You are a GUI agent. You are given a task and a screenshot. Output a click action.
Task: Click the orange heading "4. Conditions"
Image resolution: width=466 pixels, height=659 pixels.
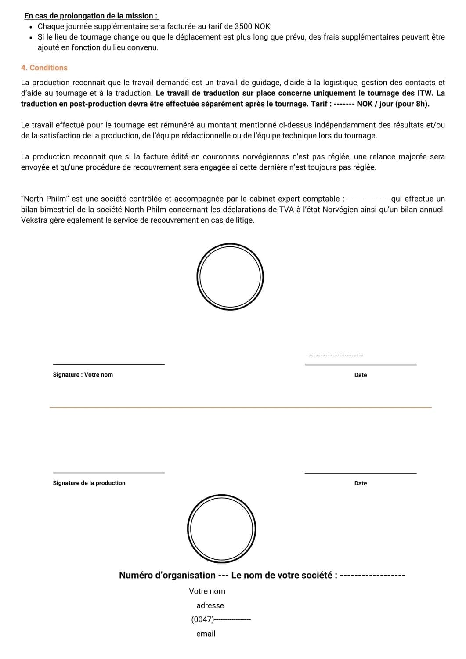(44, 68)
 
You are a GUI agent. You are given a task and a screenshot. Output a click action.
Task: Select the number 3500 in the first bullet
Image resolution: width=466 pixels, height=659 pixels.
(244, 26)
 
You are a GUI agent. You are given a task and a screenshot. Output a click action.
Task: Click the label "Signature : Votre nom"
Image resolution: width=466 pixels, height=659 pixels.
(83, 375)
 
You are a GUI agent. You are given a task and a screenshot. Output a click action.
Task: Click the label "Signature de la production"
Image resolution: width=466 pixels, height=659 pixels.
(89, 483)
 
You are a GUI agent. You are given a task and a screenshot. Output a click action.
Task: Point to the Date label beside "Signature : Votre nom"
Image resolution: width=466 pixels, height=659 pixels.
(361, 375)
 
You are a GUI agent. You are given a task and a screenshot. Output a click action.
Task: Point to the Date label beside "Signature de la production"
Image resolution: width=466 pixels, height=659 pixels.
(361, 483)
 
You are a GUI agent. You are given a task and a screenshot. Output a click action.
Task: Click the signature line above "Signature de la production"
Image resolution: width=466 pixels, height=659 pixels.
(108, 473)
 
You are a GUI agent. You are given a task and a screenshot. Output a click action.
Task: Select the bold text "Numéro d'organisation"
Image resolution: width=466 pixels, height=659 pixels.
(167, 575)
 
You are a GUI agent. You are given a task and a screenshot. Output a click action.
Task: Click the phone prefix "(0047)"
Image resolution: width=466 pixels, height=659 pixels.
(202, 619)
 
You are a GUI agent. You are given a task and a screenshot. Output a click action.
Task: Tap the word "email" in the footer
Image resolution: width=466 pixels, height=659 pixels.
(206, 634)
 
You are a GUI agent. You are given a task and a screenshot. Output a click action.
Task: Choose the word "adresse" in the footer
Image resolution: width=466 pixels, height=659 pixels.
(210, 605)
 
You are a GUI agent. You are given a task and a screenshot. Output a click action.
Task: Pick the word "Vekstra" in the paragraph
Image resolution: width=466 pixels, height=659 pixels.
(33, 220)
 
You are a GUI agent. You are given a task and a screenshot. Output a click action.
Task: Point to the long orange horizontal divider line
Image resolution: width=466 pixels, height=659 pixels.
(241, 407)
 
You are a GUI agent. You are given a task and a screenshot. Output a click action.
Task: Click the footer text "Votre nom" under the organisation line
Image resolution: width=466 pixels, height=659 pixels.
(207, 591)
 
